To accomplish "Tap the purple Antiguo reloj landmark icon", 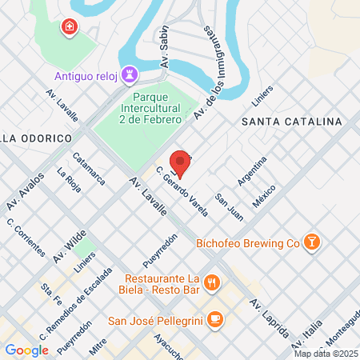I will click(130, 75).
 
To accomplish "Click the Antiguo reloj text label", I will click(86, 76).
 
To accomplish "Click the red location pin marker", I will click(181, 162).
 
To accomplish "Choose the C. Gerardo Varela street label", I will click(182, 193).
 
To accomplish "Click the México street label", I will click(264, 194).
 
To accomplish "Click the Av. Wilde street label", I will click(70, 247).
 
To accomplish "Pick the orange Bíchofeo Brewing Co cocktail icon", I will click(314, 241).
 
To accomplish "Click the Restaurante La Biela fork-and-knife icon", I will click(212, 281).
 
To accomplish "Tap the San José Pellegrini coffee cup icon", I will click(213, 320).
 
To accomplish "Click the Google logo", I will click(26, 350).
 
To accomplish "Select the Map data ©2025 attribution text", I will click(325, 354).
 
